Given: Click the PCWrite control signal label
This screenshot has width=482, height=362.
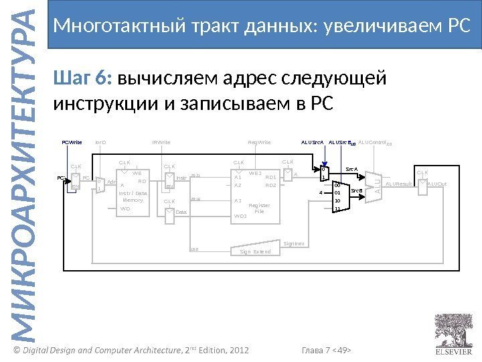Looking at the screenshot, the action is [x=71, y=143].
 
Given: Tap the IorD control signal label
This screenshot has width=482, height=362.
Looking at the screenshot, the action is [x=101, y=143].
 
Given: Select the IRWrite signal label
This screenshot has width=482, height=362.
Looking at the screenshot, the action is [x=161, y=143].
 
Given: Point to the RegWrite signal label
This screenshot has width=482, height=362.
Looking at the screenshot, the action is [x=259, y=143].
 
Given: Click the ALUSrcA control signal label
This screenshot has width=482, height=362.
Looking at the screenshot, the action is [x=313, y=143].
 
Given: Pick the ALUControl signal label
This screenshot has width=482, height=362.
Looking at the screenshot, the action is [x=372, y=143].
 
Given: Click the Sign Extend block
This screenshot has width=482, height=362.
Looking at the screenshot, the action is [x=255, y=251].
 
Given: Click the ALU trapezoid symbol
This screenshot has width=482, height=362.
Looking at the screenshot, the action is [x=377, y=183].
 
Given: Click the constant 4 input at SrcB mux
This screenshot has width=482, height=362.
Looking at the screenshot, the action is [x=321, y=192].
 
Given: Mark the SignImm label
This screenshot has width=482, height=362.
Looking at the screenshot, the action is [x=293, y=243].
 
